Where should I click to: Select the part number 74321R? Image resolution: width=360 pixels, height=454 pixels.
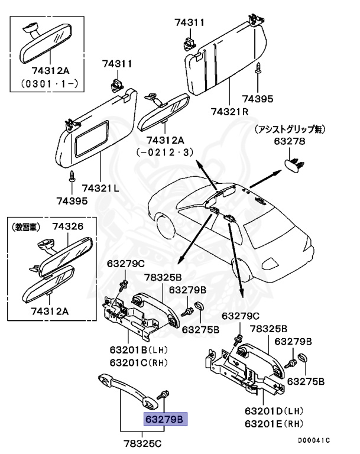(229, 111)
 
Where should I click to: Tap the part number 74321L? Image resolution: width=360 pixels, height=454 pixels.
(100, 188)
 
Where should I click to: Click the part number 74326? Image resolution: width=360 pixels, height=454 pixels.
(67, 226)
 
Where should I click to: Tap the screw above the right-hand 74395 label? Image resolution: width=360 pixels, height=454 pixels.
(258, 70)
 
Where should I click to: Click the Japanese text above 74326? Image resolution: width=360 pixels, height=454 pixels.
(27, 226)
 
